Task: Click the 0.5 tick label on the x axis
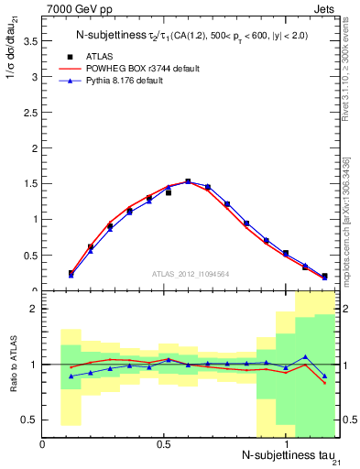164,443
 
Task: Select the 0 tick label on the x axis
43,443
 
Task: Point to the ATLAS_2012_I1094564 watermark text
190,272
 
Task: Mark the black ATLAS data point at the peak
188,181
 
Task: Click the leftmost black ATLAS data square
71,272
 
